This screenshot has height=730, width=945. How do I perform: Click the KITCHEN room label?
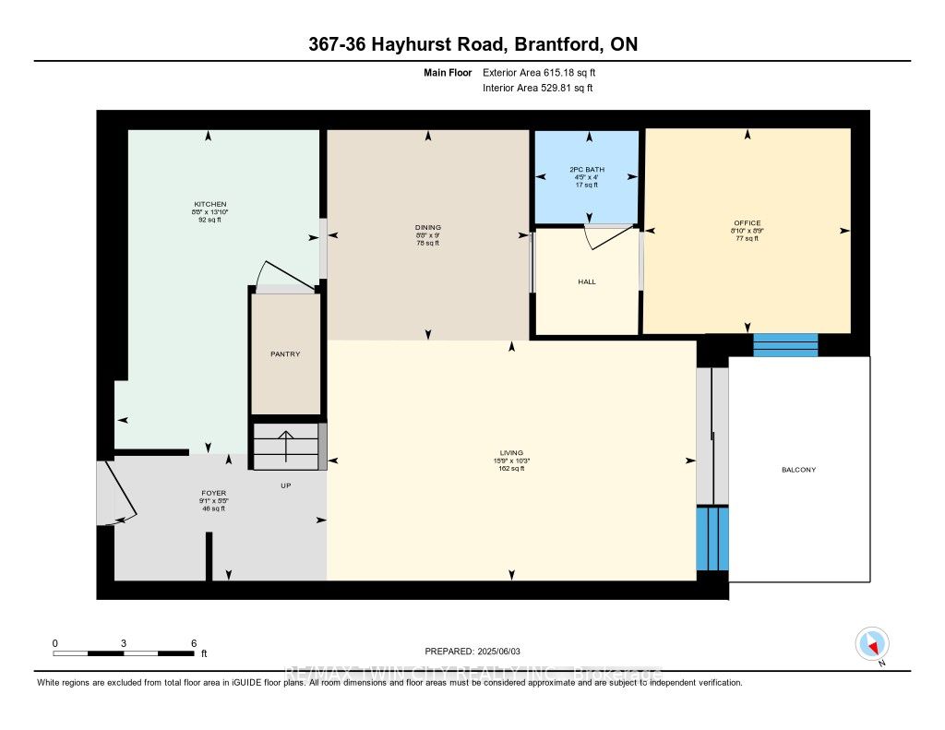(209, 204)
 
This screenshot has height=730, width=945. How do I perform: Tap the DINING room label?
(427, 227)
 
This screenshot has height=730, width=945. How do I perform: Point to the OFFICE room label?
(747, 222)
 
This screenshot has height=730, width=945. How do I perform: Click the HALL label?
(587, 281)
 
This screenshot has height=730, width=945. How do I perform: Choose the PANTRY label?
(285, 353)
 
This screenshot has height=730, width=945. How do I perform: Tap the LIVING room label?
(511, 452)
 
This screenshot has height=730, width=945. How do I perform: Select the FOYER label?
(214, 493)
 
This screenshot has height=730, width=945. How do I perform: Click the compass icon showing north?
(872, 644)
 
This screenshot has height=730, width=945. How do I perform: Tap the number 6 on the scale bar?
(193, 643)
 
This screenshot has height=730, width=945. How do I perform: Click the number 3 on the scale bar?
(123, 643)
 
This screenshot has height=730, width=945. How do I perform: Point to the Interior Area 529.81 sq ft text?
(537, 89)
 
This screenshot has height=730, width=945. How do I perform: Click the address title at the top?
(472, 44)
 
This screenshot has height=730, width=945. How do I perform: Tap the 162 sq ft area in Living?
(511, 469)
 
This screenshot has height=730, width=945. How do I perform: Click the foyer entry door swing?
(120, 492)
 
